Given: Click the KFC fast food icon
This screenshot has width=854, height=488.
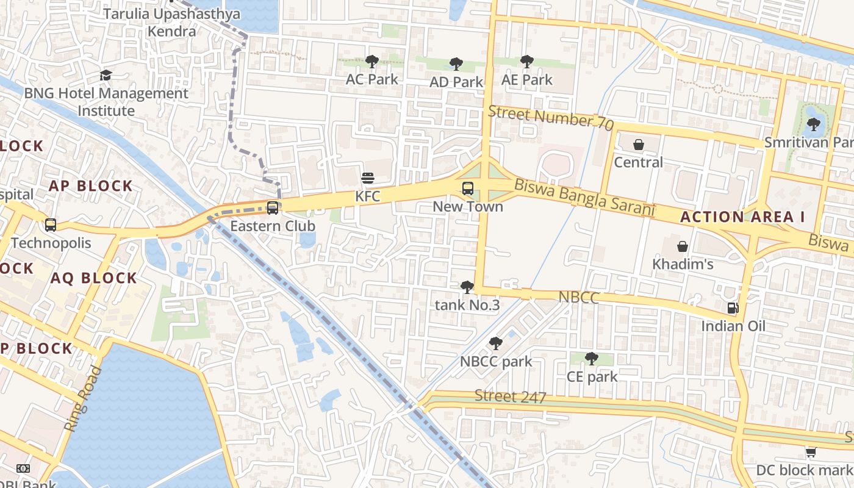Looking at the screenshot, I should pos(368,178).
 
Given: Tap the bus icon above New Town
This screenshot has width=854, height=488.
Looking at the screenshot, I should pos(468,188).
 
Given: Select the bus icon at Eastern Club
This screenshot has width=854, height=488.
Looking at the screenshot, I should pos(273,208).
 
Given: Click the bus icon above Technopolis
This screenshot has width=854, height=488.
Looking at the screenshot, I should pos(51,224).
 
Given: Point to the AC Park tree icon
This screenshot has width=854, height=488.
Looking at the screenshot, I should pos(371,61).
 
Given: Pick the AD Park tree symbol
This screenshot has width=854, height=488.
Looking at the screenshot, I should pos(456,64).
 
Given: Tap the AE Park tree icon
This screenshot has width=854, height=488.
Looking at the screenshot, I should pos(526,62).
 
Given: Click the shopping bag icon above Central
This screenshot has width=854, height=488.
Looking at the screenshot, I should pos(638,145).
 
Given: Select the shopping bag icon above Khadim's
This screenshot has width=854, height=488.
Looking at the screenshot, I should pos(683,246).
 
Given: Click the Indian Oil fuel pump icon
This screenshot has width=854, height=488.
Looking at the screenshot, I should pos(733,308).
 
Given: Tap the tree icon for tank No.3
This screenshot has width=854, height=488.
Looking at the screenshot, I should pos(467,287).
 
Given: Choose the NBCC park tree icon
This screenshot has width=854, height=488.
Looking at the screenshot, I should pos(496,343).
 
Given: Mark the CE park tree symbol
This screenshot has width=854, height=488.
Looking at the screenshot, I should pos(591,359).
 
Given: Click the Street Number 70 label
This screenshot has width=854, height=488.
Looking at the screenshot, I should pos(550,117).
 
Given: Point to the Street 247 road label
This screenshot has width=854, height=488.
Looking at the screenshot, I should pos(510,396).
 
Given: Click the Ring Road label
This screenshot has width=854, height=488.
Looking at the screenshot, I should pos(83,399).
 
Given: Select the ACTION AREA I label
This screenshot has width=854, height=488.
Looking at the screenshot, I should pos(742,217).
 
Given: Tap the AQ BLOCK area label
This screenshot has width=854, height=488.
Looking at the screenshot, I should pos(94,278).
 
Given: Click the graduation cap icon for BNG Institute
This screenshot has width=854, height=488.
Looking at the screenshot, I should pos(106,76).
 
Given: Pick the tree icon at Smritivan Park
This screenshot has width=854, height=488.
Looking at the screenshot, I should pos(813,125).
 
